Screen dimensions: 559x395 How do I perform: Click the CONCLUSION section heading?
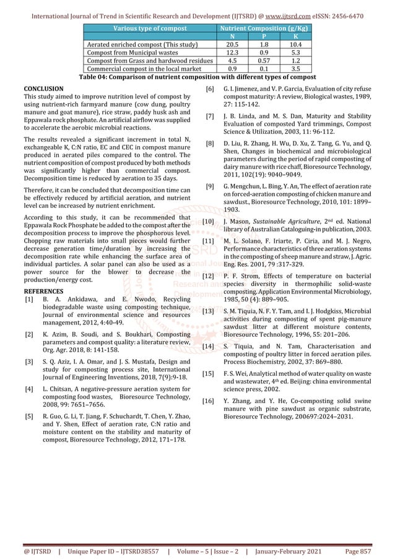45,89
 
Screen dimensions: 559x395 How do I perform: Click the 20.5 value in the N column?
233,45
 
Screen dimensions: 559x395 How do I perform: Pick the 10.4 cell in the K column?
296,45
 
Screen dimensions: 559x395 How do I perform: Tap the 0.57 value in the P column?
264,61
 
